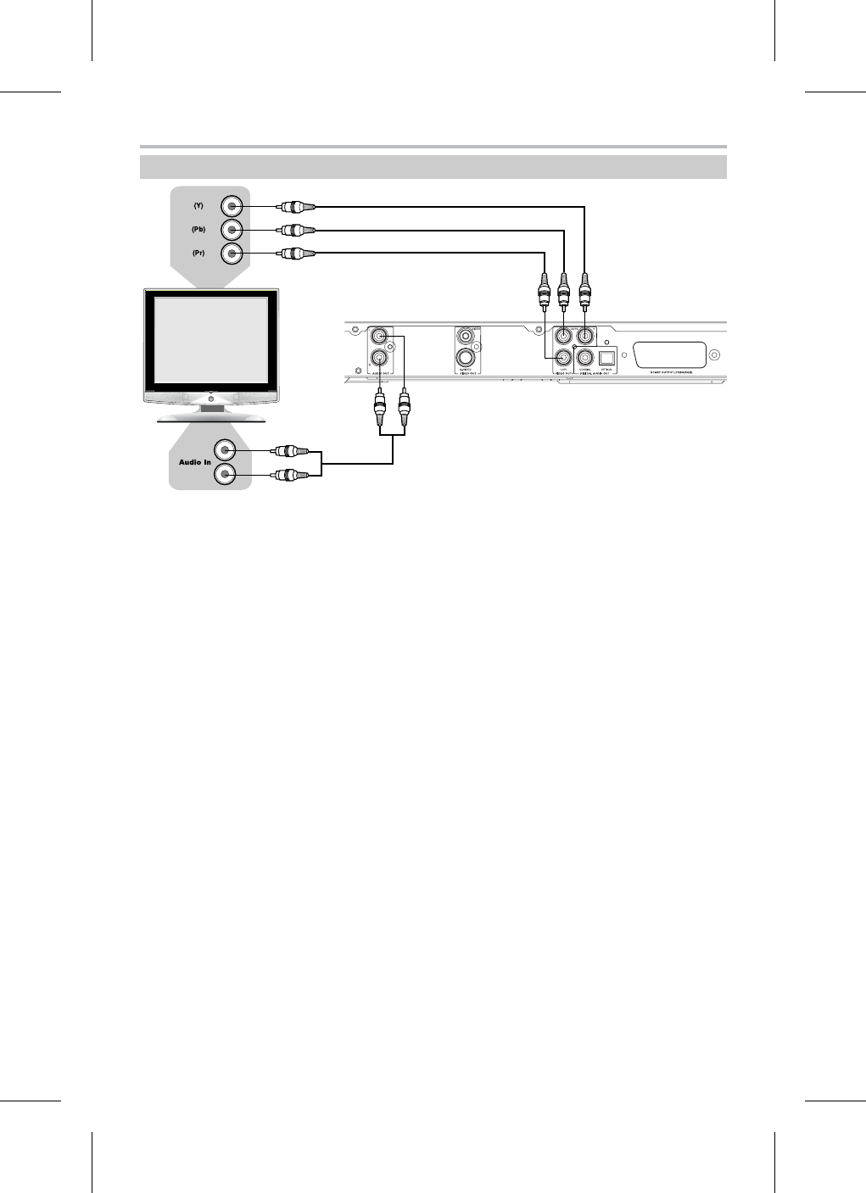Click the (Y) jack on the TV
(232, 206)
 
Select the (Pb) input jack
(232, 230)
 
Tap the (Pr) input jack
(232, 253)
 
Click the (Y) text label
(198, 206)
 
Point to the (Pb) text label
(198, 229)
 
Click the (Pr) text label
(198, 253)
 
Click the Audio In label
(194, 462)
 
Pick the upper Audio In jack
(226, 451)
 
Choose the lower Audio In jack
(226, 475)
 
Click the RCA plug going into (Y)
(297, 206)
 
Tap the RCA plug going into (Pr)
(297, 253)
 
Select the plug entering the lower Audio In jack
(290, 475)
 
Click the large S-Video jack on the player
(466, 359)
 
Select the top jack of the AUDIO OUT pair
(378, 336)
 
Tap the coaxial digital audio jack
(584, 359)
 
